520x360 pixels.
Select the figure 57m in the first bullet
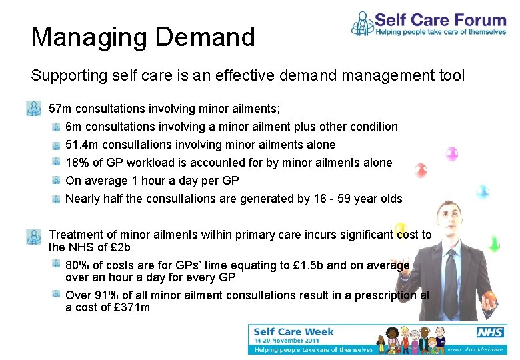[61, 108]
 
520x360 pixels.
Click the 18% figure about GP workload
[77, 163]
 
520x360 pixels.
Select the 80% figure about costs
[77, 265]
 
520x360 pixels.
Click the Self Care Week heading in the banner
[293, 332]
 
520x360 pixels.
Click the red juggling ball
[421, 170]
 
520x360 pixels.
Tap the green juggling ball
[493, 243]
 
